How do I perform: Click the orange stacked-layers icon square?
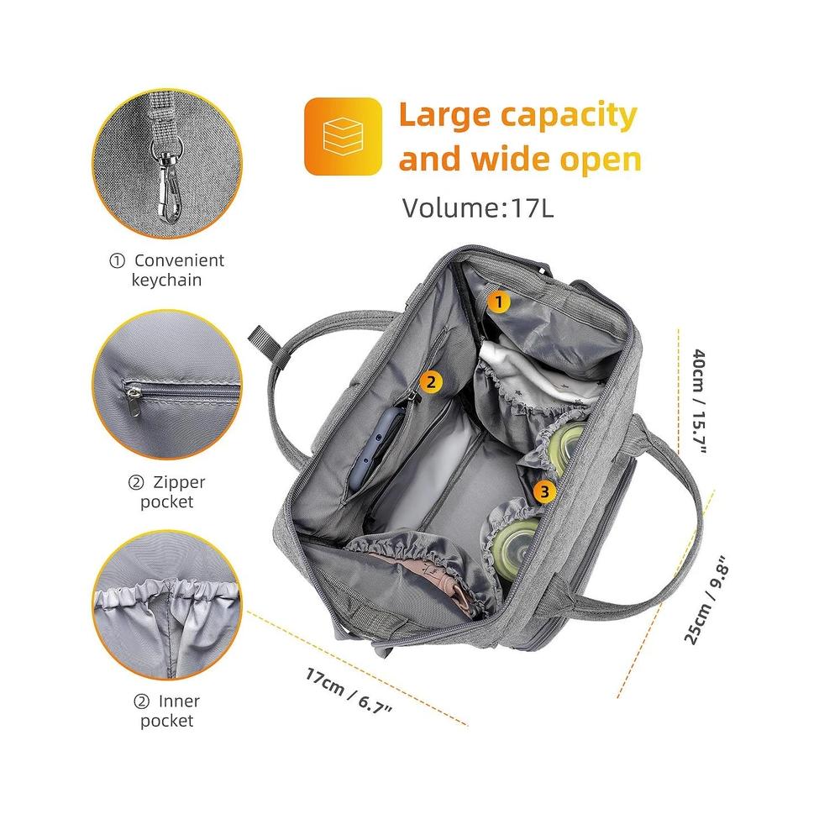coord(343,136)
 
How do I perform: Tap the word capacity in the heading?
coord(569,116)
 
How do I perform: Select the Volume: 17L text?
coord(478,207)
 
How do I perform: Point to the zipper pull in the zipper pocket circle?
coord(134,400)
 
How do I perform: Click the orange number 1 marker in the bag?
coord(499,302)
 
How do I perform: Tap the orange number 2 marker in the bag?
coord(431,382)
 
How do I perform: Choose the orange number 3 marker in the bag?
coord(544,491)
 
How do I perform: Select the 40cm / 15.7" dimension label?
coord(700,402)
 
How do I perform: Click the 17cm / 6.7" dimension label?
coord(349,691)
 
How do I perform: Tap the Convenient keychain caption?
coord(166,270)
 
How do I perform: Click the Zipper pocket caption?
coord(166,491)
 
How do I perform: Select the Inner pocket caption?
coord(166,711)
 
